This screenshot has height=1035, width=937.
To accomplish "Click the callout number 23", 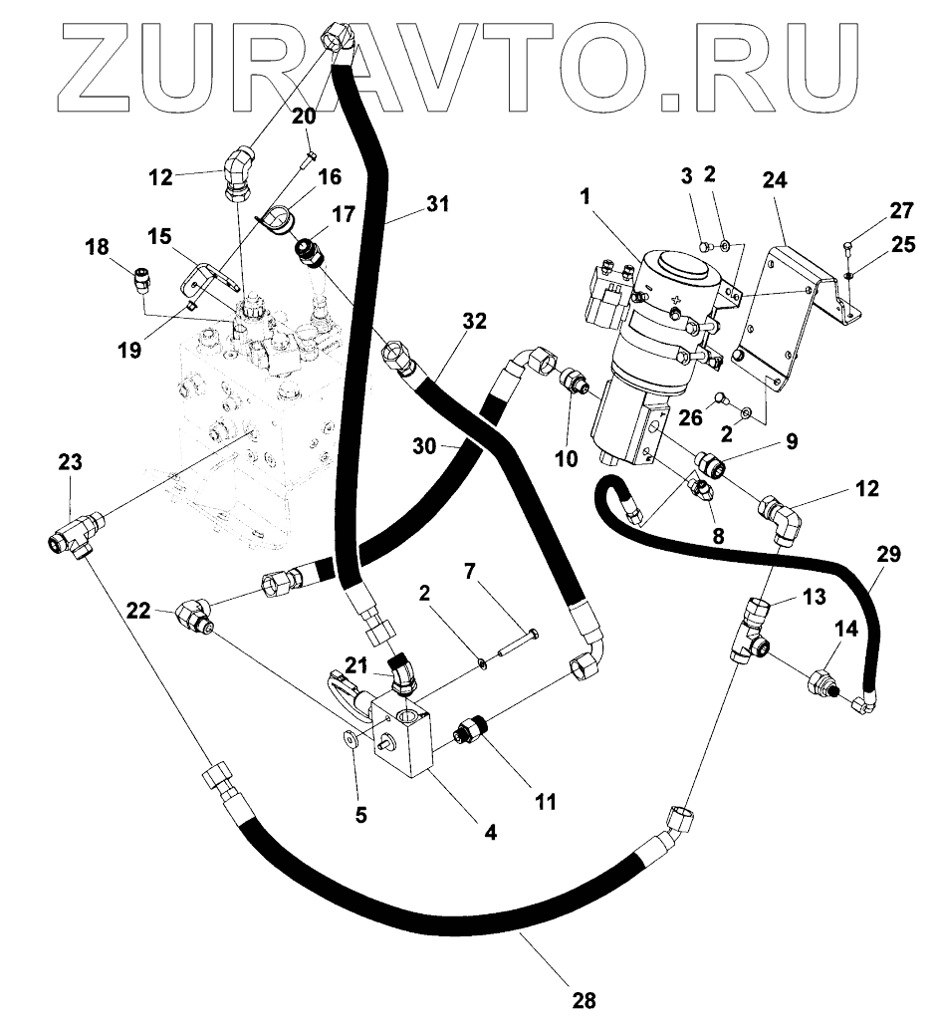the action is tap(70, 462).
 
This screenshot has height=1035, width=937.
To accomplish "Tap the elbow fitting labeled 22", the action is tap(194, 616).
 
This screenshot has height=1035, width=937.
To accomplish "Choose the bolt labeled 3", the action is tap(704, 245).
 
